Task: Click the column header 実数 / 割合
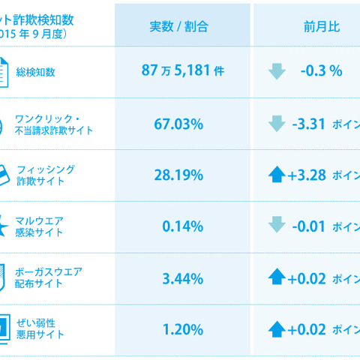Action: tap(183, 26)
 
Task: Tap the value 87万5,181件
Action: tap(183, 71)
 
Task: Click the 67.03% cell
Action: tap(183, 124)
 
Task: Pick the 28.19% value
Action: tap(183, 175)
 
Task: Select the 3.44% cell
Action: tap(183, 279)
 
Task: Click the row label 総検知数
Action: tap(57, 72)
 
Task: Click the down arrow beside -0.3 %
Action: tap(277, 71)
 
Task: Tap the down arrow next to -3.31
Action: tap(277, 124)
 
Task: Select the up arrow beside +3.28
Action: tap(277, 175)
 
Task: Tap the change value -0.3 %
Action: tap(321, 71)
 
